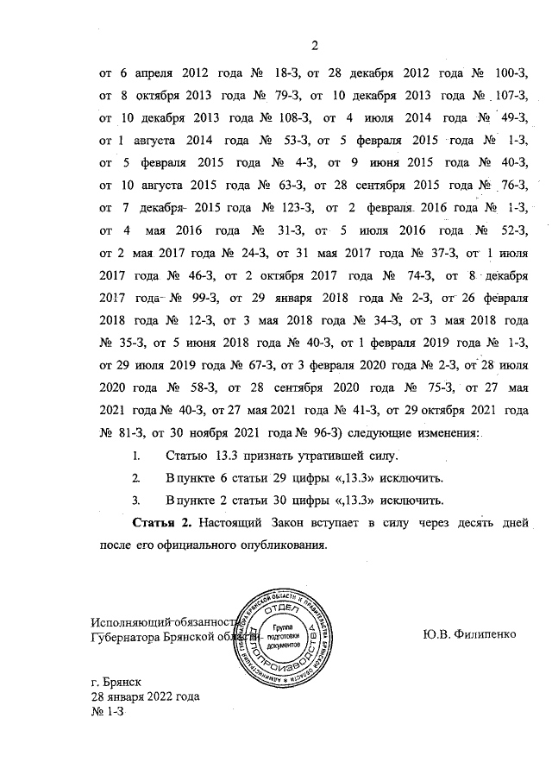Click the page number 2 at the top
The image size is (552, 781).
click(315, 46)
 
